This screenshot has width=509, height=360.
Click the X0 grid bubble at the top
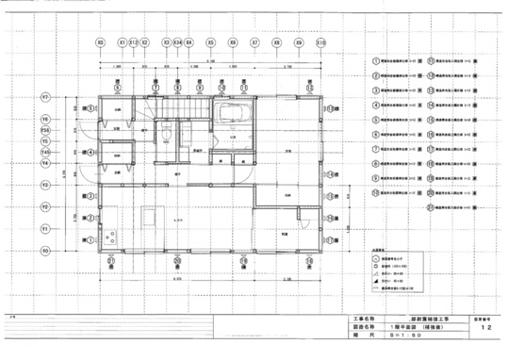pyautogui.click(x=100, y=43)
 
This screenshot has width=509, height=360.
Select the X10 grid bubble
pyautogui.click(x=321, y=43)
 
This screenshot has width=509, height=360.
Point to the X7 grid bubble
pyautogui.click(x=254, y=43)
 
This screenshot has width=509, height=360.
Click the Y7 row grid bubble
pyautogui.click(x=44, y=97)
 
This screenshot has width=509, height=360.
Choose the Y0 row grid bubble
pyautogui.click(x=44, y=252)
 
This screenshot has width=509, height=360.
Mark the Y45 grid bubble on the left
pyautogui.click(x=44, y=151)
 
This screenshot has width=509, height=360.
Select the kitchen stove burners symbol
pyautogui.click(x=112, y=236)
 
